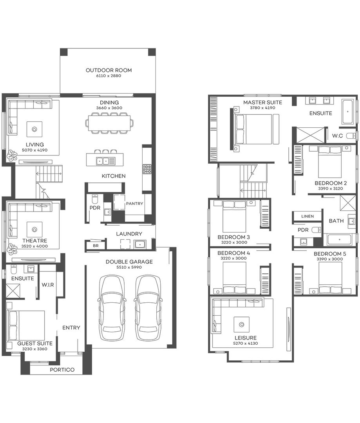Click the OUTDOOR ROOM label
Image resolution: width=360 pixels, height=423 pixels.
[109, 70]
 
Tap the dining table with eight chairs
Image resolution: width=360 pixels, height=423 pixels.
[109, 123]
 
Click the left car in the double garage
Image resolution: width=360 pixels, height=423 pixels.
[112, 308]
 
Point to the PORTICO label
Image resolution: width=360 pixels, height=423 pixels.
[62, 370]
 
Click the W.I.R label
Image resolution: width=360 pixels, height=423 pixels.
[48, 285]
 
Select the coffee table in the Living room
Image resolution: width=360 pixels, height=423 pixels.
[34, 128]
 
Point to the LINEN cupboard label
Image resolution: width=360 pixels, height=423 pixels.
[307, 216]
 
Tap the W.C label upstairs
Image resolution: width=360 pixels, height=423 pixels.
[338, 136]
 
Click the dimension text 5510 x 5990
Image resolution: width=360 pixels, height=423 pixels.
[129, 267]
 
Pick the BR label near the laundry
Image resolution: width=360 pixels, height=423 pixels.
[96, 246]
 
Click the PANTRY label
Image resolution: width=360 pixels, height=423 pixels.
[134, 204]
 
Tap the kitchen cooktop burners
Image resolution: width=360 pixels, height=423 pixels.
[147, 169]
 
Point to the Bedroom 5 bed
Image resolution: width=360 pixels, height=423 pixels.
[330, 278]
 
